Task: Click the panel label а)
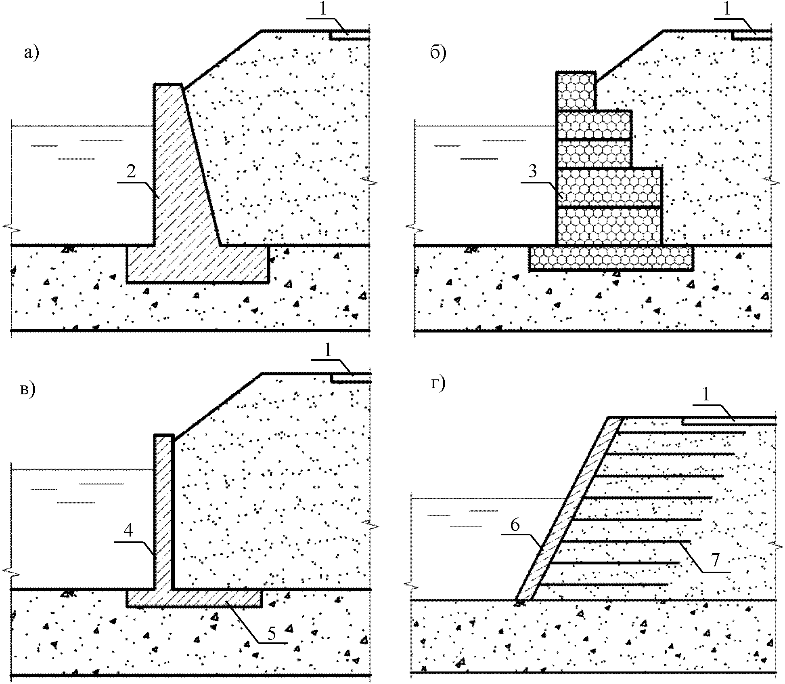click(x=31, y=53)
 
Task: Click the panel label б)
click(x=438, y=53)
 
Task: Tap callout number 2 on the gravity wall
click(x=131, y=172)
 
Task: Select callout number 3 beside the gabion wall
click(x=533, y=171)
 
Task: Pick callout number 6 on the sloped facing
click(x=515, y=525)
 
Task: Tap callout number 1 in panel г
click(x=706, y=395)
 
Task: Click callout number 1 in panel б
click(x=727, y=10)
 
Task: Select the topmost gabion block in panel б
click(x=576, y=91)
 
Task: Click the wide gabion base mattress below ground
click(x=611, y=257)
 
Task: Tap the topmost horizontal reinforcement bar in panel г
click(x=680, y=433)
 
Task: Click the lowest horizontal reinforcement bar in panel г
click(x=604, y=584)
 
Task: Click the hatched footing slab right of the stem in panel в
click(x=218, y=598)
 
